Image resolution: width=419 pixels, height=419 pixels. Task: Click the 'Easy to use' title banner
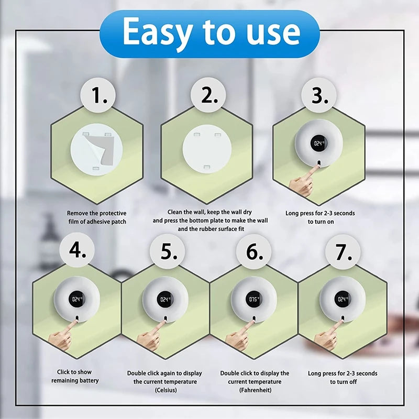pos(210,33)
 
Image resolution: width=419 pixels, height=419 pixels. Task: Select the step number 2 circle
pos(210,96)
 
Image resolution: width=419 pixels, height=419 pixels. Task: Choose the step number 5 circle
pos(167,252)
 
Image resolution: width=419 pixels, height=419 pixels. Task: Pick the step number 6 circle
pos(254,252)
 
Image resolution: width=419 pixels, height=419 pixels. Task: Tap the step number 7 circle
pos(343,252)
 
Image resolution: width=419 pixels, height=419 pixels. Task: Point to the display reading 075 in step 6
pos(254,300)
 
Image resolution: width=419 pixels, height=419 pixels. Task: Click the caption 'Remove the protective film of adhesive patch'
pos(96,217)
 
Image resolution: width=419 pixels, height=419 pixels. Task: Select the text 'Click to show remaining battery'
pos(75,376)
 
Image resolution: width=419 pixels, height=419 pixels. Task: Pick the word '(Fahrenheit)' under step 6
pos(255,390)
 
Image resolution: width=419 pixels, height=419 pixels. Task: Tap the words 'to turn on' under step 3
pos(320,222)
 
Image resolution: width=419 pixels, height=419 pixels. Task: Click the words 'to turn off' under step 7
pos(343,382)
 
